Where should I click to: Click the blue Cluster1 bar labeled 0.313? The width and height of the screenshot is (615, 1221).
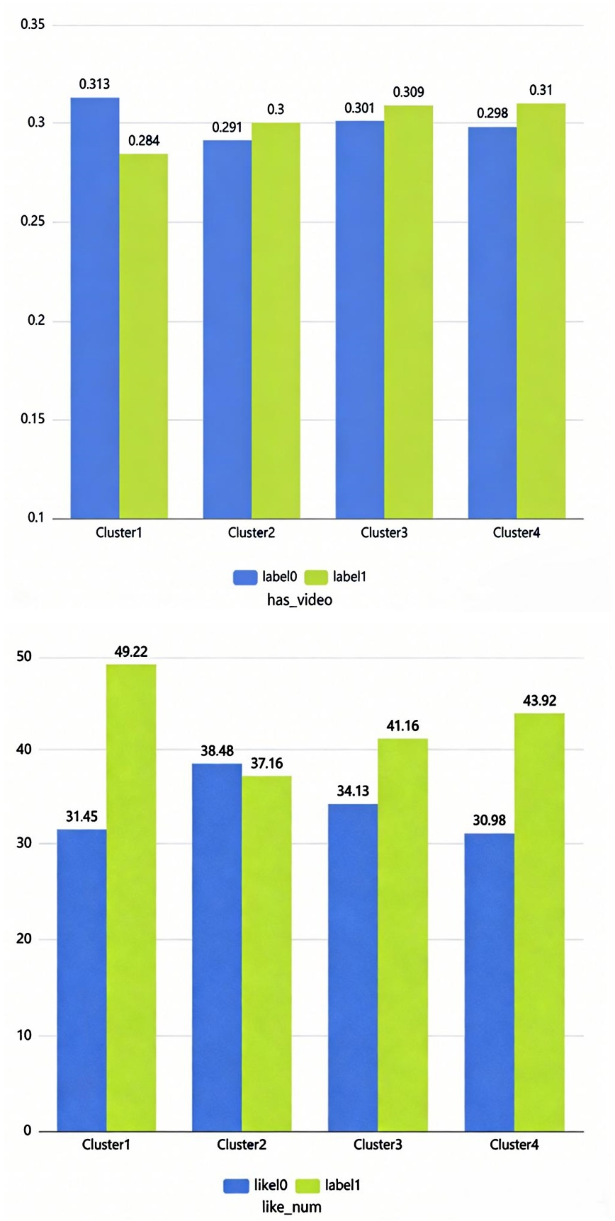(x=95, y=308)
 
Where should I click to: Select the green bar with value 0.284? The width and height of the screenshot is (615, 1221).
(x=144, y=336)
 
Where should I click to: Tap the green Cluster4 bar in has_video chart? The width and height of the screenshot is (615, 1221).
(x=541, y=311)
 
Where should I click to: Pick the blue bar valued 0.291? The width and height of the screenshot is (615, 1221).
(x=227, y=329)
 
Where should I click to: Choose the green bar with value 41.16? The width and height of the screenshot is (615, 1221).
(x=402, y=934)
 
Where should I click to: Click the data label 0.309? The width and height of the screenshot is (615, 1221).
(x=409, y=92)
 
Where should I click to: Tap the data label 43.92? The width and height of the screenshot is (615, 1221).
(x=539, y=701)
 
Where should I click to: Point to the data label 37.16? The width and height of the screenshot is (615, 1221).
(x=266, y=763)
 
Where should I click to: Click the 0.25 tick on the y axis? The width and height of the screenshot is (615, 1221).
(x=33, y=222)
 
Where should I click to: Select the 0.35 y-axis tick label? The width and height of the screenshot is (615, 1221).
(x=33, y=25)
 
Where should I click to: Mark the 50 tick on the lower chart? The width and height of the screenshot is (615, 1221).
(x=25, y=656)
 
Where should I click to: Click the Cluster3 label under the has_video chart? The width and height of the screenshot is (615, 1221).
(x=384, y=533)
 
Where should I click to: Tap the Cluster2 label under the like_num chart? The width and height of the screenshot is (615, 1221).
(x=242, y=1145)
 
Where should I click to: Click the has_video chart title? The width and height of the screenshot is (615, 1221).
(x=299, y=600)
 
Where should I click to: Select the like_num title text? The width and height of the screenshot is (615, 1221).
(x=291, y=1207)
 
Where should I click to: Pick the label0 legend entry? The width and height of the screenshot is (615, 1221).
(x=266, y=577)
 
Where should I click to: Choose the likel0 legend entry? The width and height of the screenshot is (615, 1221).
(x=256, y=1185)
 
